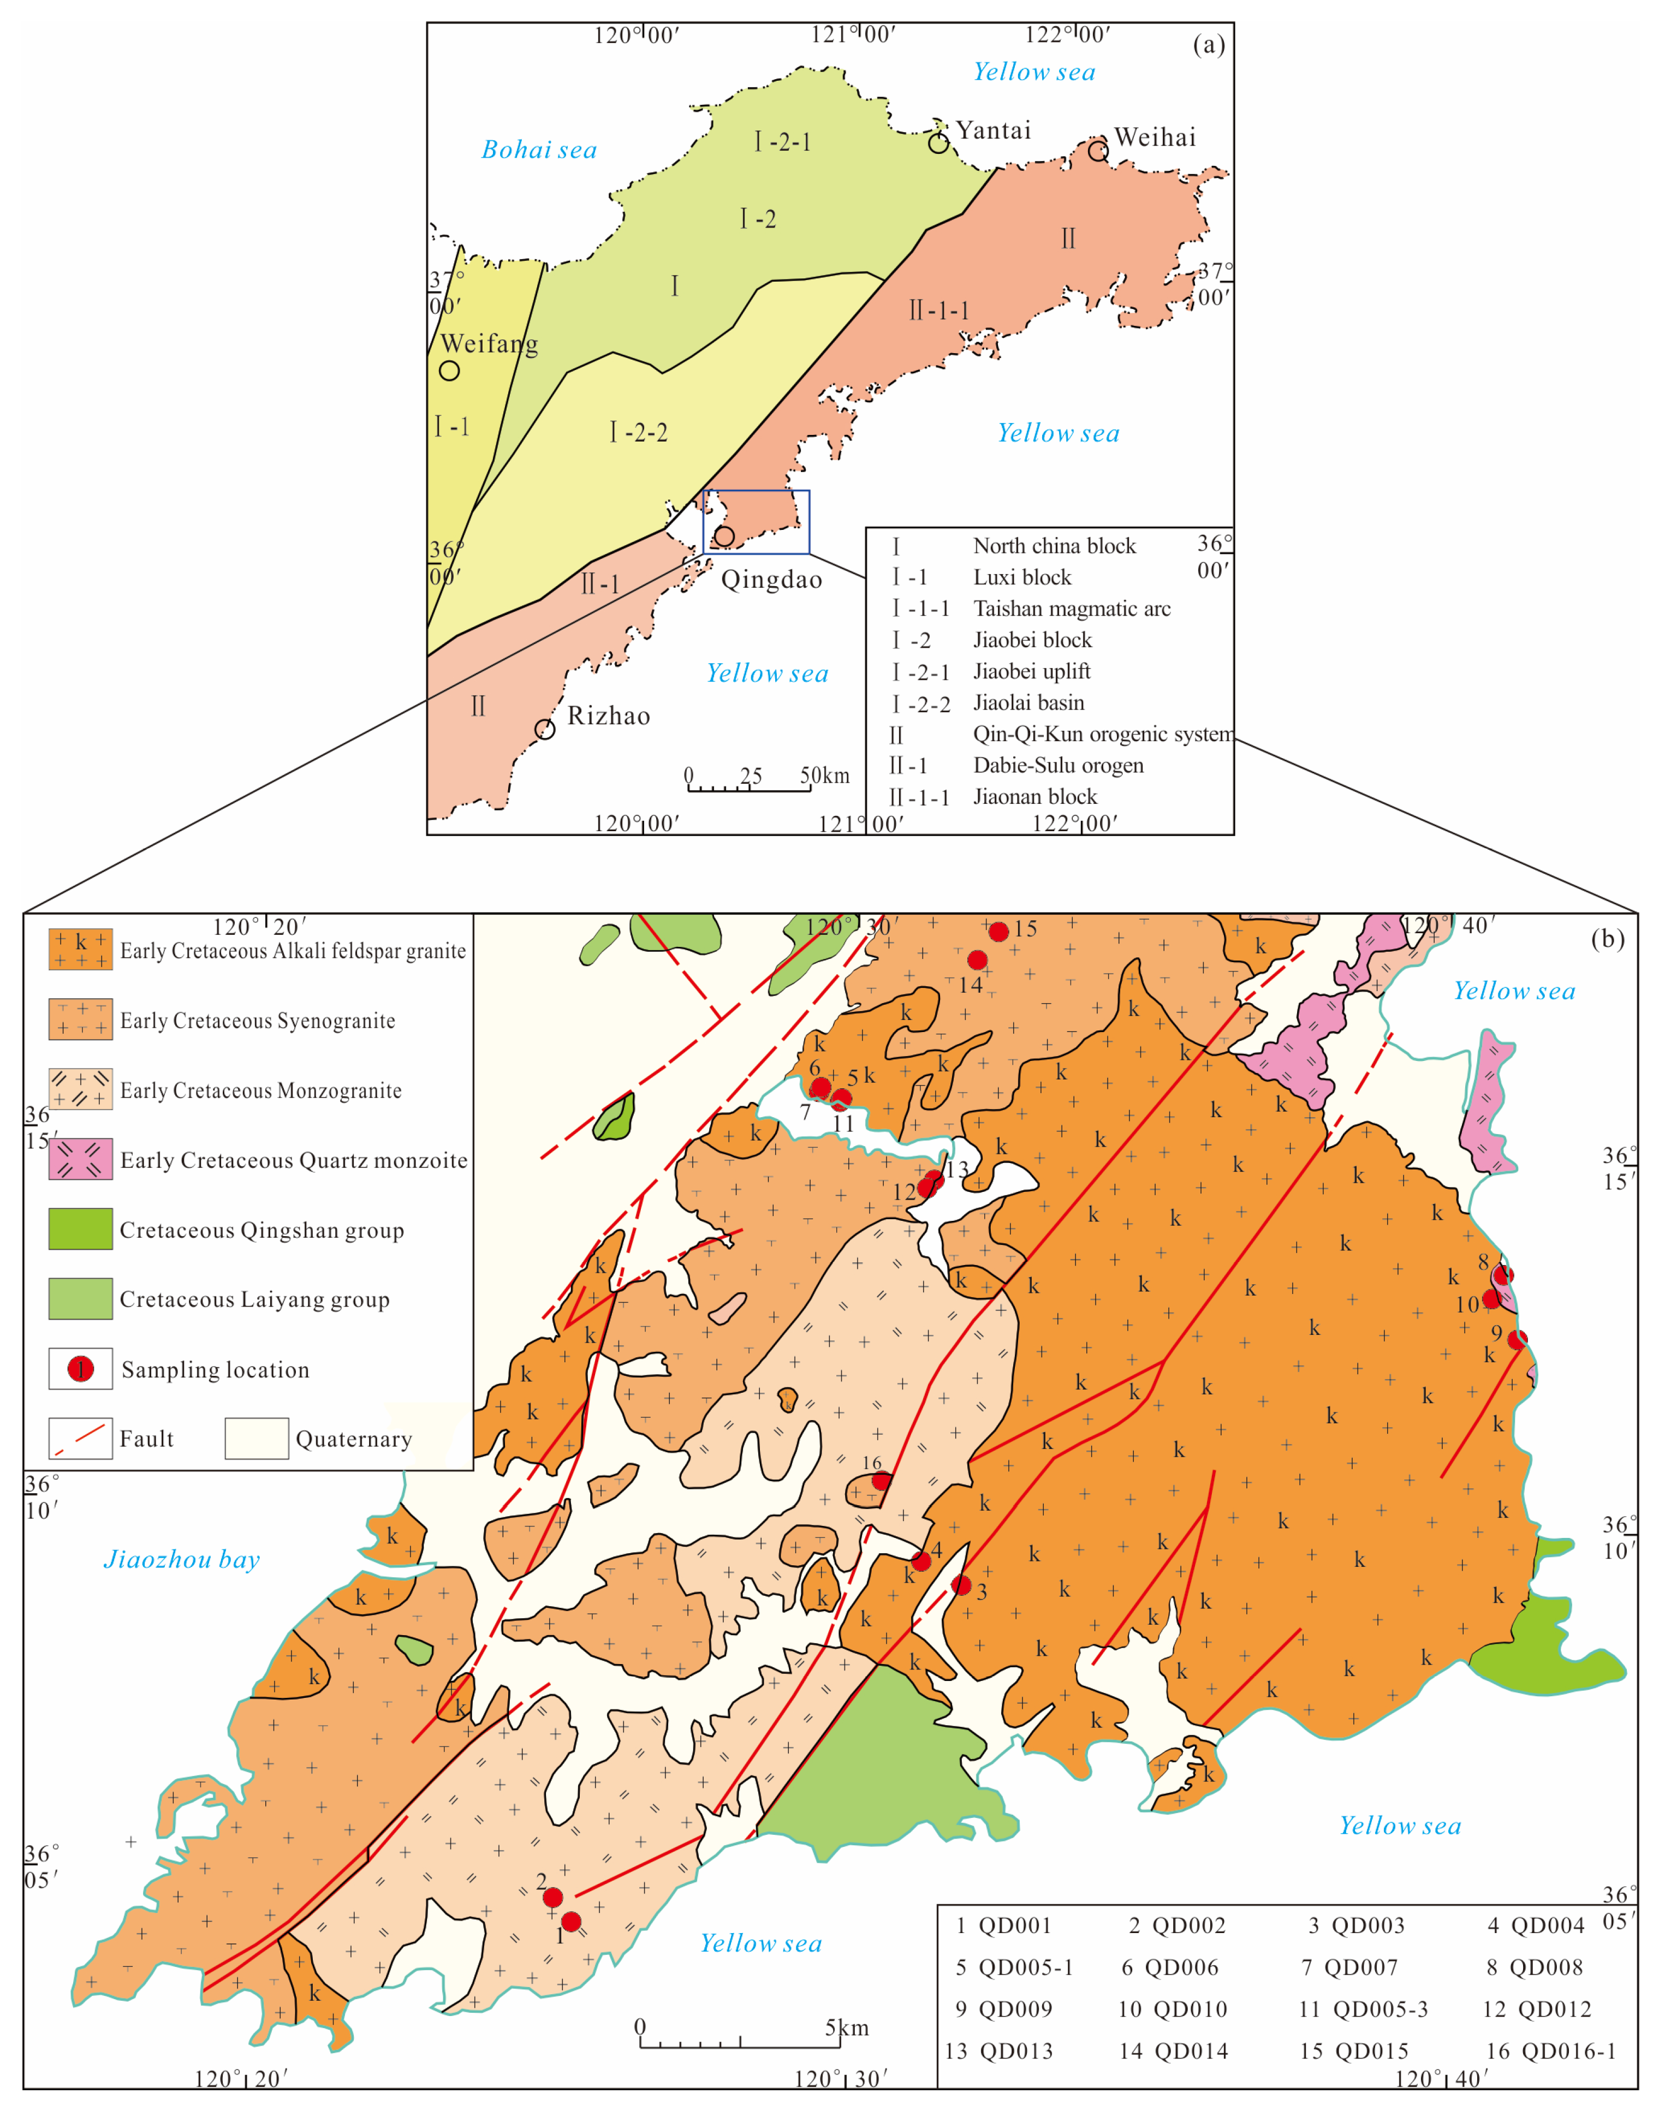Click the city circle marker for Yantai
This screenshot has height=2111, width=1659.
pos(938,144)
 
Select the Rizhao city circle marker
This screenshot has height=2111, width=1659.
pos(545,729)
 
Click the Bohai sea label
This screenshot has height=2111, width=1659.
pos(539,150)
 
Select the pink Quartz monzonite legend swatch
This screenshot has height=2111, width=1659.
pos(81,1159)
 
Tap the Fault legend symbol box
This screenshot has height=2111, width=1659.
pos(81,1438)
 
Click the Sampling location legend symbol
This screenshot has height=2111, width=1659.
pos(81,1369)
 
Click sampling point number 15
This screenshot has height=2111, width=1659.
pos(998,931)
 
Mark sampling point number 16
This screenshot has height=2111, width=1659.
pos(880,1481)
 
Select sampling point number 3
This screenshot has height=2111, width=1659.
pos(961,1585)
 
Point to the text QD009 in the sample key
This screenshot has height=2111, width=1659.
pos(1015,2009)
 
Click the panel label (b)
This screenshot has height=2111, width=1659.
pos(1608,938)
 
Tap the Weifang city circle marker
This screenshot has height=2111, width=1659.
pos(449,370)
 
